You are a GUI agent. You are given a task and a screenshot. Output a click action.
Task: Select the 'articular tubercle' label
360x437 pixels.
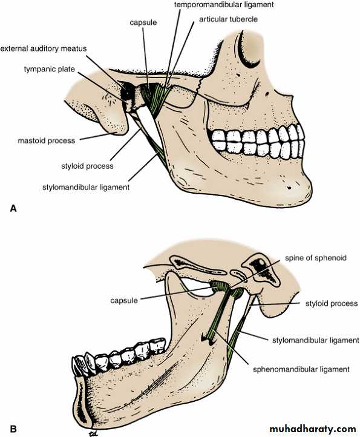coord(228,19)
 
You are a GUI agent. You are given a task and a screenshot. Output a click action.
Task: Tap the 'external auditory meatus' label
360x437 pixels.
coord(44,48)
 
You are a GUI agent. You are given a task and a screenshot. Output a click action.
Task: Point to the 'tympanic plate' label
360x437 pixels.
coord(50,69)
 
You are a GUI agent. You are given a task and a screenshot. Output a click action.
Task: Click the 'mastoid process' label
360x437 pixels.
coord(46,141)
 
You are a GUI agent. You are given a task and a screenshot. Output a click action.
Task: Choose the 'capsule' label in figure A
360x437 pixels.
coord(143,22)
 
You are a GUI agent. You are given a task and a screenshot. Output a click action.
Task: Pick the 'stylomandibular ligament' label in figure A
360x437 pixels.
coord(86,187)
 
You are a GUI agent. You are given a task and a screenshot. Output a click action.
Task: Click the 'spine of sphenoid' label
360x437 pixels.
coord(316,258)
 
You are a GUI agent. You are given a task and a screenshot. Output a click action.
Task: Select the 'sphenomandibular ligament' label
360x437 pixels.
coord(301,370)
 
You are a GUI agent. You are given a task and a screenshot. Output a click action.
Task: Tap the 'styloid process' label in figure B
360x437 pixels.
coord(332,303)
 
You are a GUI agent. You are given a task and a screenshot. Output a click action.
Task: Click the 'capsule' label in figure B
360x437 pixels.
coord(124,300)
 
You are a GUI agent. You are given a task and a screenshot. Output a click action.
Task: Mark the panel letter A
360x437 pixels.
coord(13,208)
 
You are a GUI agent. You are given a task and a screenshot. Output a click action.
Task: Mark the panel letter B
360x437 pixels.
coord(13,429)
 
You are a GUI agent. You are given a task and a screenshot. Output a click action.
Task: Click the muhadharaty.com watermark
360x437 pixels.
coord(313,429)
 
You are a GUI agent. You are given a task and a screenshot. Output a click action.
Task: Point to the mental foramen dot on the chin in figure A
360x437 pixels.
coord(289,188)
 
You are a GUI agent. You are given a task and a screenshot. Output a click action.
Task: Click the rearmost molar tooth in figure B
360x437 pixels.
coord(158,346)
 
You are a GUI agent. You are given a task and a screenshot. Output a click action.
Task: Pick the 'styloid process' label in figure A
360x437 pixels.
coord(87,166)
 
